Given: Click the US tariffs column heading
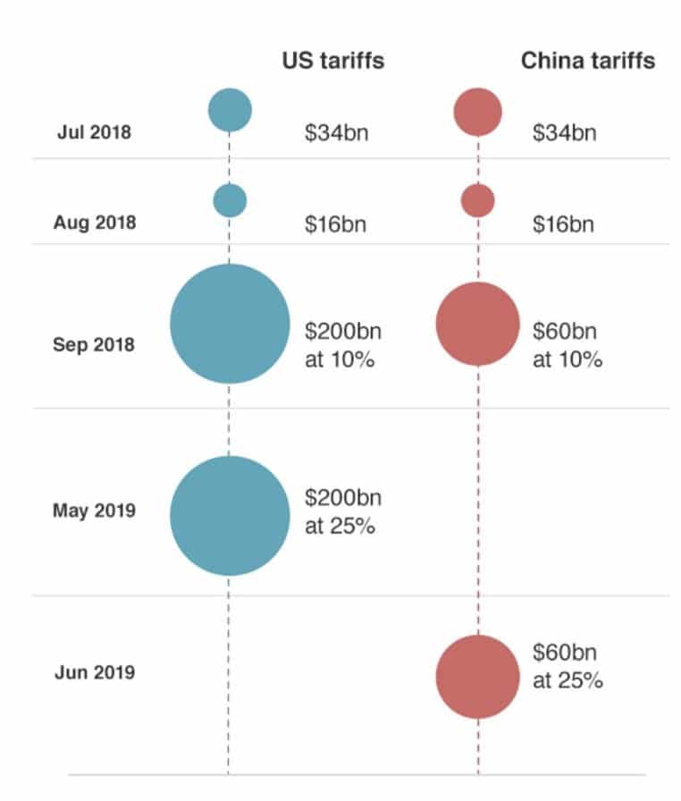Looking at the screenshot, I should point(333,61).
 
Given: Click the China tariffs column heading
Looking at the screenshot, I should point(587,61).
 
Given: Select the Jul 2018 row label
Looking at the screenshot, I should point(94,132).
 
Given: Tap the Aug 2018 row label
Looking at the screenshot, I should point(95,222).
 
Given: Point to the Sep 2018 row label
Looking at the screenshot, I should point(94,343).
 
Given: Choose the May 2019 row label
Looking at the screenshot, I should point(94,511).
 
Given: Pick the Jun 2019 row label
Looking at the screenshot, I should point(94,671).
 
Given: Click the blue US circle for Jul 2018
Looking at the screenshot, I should point(230,110).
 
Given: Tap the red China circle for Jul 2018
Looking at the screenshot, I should point(477,112).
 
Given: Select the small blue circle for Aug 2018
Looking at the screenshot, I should point(230,200).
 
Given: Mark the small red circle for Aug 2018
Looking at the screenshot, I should point(477,200).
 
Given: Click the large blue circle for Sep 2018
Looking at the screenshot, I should point(230,324).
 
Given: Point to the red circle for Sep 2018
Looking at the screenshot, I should point(477,324).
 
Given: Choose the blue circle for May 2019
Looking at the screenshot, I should point(230,515).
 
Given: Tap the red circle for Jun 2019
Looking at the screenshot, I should point(477,676).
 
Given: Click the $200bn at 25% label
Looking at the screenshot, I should point(343,511).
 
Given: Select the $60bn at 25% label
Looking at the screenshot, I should point(567,665).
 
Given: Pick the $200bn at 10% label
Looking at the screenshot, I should point(343,345).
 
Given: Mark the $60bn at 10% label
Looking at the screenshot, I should point(567,345).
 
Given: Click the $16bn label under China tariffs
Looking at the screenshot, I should point(563,223).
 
